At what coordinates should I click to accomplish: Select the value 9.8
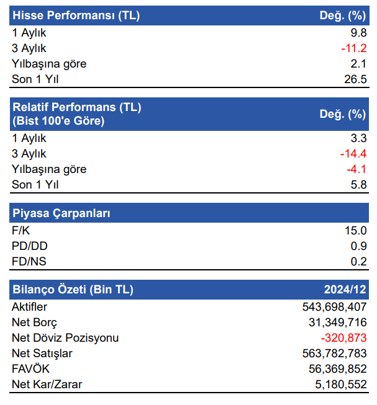[359, 32]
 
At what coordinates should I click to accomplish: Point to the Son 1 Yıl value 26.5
[355, 79]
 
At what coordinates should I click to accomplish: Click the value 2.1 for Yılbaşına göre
[359, 63]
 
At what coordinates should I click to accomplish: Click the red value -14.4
[353, 154]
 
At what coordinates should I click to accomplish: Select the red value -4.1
[356, 169]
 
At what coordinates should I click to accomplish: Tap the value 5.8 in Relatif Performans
[359, 185]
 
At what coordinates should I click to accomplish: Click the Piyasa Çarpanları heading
[61, 213]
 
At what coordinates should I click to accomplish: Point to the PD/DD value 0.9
[359, 246]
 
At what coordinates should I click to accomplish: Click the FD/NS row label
[29, 262]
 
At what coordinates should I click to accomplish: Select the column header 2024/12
[345, 290]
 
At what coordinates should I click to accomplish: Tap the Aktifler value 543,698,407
[334, 307]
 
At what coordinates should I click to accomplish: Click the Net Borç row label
[34, 323]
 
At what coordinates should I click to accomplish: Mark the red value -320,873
[343, 338]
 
